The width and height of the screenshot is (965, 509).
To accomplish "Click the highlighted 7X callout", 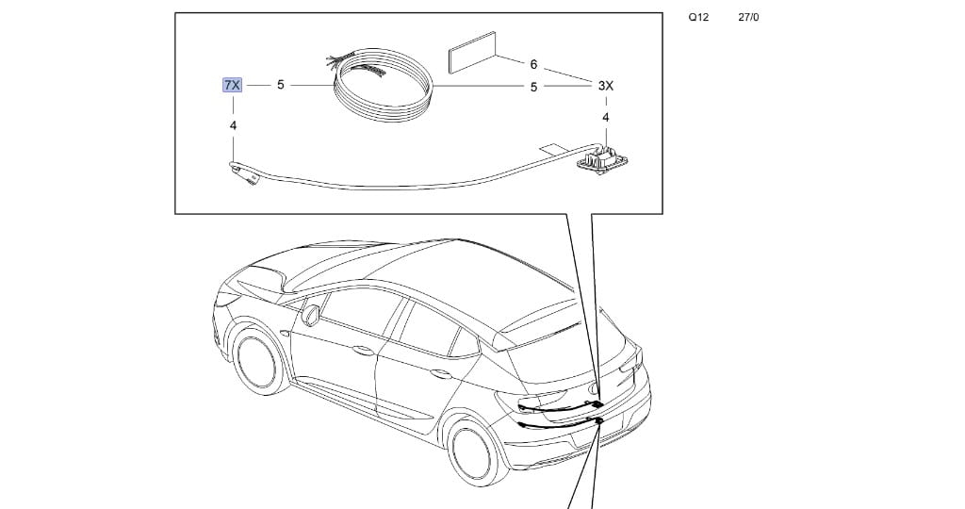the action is tap(232, 85).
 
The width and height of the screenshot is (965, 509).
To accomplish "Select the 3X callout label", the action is tap(606, 86).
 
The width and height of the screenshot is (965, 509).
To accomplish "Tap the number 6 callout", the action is tap(533, 64).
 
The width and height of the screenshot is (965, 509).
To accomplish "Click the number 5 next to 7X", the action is tap(281, 85).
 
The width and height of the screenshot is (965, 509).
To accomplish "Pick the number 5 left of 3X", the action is tap(533, 88).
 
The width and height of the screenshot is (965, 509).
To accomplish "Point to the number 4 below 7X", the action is tap(233, 125).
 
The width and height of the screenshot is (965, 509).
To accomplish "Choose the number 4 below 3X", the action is tap(606, 118).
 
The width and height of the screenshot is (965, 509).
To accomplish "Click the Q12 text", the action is tap(698, 17).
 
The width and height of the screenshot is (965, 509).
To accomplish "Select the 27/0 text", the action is tap(748, 17).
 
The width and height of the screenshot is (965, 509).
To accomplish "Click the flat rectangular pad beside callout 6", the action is tap(472, 53).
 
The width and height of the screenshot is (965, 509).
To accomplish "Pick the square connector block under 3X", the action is tap(602, 158).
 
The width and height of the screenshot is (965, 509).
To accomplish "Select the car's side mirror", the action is tap(310, 315).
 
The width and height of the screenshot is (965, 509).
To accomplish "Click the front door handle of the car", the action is tap(363, 351).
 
